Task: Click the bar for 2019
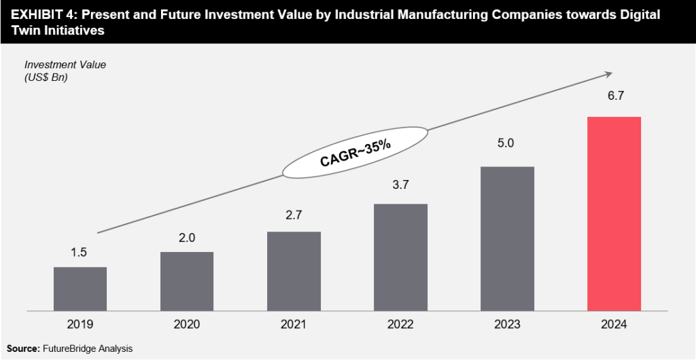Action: click(x=80, y=289)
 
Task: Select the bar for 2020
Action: click(x=187, y=281)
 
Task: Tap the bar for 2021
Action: click(x=294, y=271)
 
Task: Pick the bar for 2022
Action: click(x=400, y=257)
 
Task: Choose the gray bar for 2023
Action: click(x=507, y=238)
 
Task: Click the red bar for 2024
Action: click(x=614, y=214)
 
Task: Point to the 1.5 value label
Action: click(x=80, y=253)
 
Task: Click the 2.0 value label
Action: click(x=187, y=238)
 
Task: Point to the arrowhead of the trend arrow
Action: click(x=608, y=75)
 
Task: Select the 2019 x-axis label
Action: click(x=80, y=325)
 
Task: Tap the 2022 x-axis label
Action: click(x=400, y=325)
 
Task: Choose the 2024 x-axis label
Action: click(x=614, y=325)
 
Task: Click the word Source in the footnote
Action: click(x=21, y=348)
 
